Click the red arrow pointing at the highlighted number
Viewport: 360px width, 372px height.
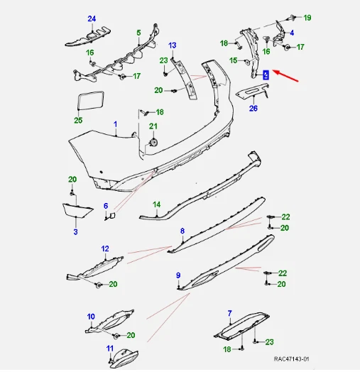(285, 76)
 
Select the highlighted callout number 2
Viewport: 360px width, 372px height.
(266, 75)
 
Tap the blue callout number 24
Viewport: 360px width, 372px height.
(92, 18)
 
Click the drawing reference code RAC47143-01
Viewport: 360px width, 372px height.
(291, 359)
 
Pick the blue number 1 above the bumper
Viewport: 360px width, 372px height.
(115, 124)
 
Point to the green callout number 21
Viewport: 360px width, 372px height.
(153, 126)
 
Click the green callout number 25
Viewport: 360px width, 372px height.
(78, 120)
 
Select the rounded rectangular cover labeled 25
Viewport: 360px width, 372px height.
(91, 100)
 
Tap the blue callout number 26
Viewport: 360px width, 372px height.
(253, 109)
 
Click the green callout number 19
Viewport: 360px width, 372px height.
(307, 18)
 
